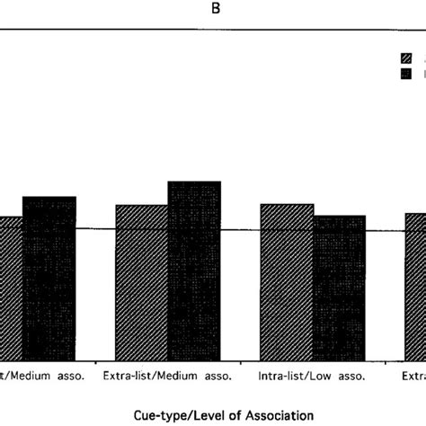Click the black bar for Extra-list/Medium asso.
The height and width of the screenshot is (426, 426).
pos(194,270)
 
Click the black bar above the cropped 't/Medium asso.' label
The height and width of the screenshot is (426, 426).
pos(49,278)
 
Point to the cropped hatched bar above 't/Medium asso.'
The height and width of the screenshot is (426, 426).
pos(11,288)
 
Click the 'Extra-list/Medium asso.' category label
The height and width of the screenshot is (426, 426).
pos(168,376)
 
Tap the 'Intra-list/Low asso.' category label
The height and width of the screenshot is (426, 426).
pos(312,376)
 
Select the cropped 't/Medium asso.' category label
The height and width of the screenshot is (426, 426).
pos(42,376)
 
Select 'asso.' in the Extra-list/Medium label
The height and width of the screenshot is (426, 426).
pos(208,376)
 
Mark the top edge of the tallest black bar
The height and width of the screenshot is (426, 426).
pos(194,182)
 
